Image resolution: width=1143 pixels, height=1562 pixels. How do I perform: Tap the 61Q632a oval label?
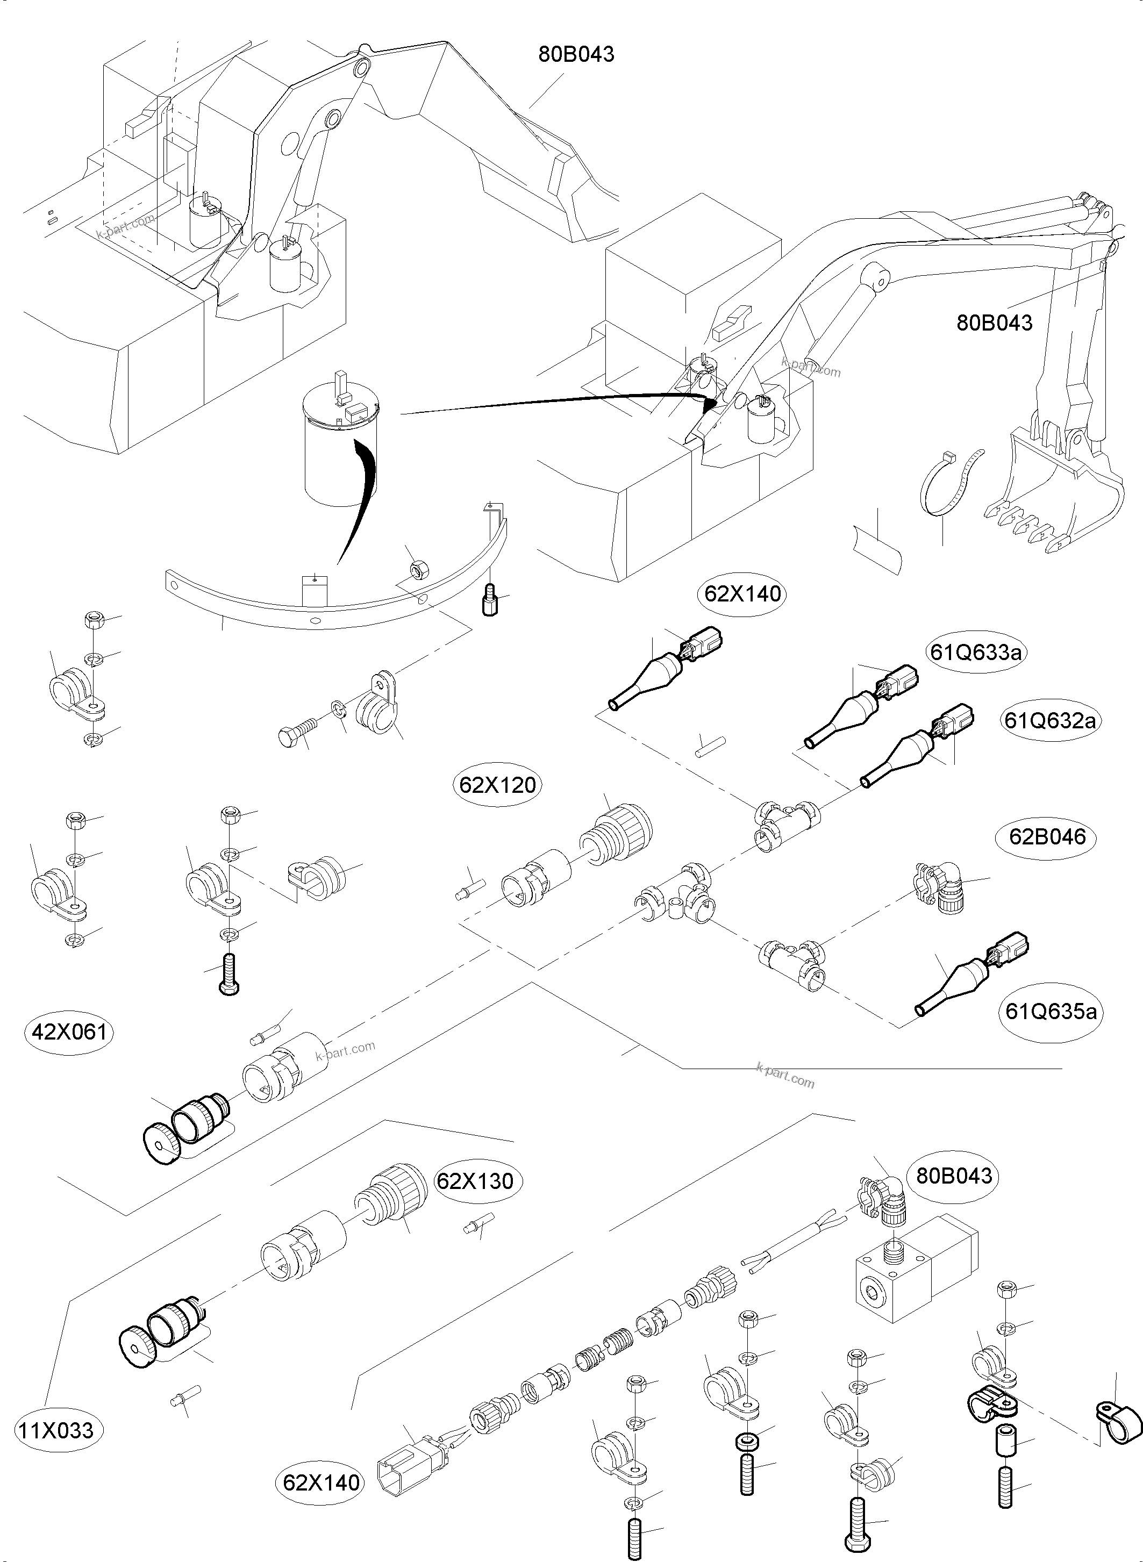(x=1049, y=721)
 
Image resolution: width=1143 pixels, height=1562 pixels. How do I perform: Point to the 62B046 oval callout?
(x=1047, y=837)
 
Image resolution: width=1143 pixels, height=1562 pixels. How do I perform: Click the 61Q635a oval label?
(x=1051, y=1012)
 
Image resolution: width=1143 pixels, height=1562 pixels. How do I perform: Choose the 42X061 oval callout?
(x=70, y=1032)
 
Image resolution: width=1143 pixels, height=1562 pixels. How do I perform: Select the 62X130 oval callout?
(x=475, y=1180)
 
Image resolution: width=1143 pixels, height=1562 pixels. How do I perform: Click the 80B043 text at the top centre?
(x=576, y=54)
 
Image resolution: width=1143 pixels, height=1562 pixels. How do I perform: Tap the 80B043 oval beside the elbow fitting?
(x=954, y=1176)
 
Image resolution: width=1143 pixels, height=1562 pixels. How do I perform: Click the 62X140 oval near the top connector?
(x=742, y=593)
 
